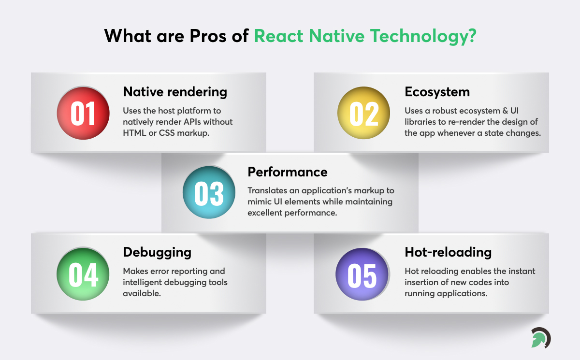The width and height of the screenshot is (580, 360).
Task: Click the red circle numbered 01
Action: click(x=83, y=113)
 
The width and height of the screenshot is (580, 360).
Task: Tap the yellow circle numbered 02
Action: click(x=363, y=113)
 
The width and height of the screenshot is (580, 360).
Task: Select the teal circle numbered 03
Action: click(x=209, y=192)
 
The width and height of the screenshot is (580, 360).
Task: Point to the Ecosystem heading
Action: click(x=437, y=92)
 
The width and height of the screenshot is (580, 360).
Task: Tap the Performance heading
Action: click(x=288, y=172)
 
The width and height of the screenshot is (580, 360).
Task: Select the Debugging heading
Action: click(x=157, y=252)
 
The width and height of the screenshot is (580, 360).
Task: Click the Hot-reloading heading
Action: click(x=448, y=252)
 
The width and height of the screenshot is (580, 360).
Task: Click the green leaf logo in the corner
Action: click(x=540, y=338)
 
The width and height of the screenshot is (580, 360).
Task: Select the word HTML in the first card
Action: click(x=134, y=133)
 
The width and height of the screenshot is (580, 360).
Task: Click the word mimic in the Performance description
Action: click(x=260, y=202)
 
